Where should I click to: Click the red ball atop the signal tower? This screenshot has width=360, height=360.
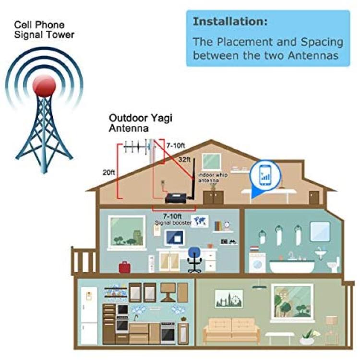tap(44, 86)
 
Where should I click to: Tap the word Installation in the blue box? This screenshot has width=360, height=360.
tap(230, 22)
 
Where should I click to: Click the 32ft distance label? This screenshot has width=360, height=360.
tap(184, 159)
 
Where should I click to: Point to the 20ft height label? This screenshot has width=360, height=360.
tap(108, 172)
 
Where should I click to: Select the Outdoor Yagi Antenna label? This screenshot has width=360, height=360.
tap(140, 123)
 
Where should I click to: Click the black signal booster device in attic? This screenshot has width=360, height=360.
tap(177, 198)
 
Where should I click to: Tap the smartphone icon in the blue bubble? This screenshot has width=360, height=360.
tap(265, 175)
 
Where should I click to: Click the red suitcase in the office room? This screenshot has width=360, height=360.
tap(125, 267)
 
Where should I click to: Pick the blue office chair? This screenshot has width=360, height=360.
tap(194, 259)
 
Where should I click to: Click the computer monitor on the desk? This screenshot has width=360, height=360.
tap(175, 239)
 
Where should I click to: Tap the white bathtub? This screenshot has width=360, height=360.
tap(292, 267)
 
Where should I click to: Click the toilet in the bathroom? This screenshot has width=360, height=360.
tap(334, 264)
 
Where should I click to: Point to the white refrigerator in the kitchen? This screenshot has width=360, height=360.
tap(89, 316)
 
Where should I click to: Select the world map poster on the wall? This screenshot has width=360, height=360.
tap(200, 221)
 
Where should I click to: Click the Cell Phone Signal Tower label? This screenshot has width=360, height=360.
tap(44, 30)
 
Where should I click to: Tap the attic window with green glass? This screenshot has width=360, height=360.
tap(212, 162)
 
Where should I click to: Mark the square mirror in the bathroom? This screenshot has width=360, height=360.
tap(320, 231)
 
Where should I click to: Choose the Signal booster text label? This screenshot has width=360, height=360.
tap(173, 223)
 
